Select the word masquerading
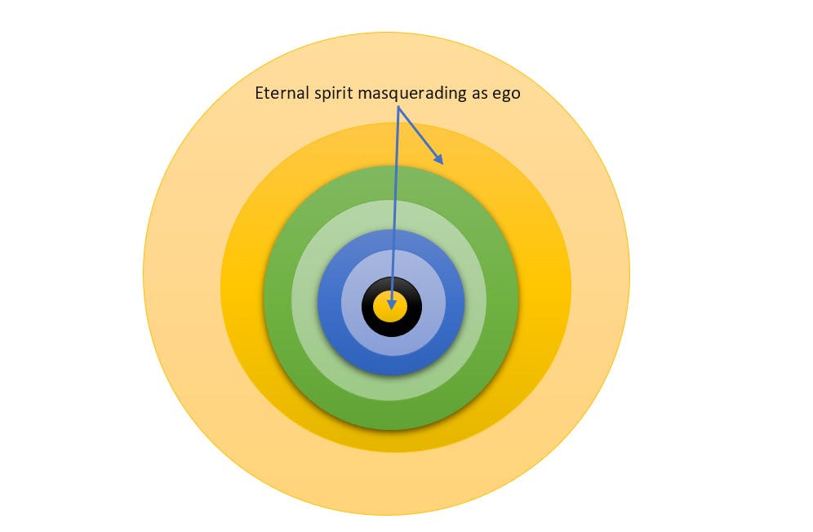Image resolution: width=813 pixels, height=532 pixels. [414, 94]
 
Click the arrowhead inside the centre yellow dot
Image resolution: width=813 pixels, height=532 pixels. [393, 304]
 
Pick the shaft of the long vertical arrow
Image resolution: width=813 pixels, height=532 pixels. [395, 204]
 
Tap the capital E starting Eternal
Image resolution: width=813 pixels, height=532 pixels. [260, 93]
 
